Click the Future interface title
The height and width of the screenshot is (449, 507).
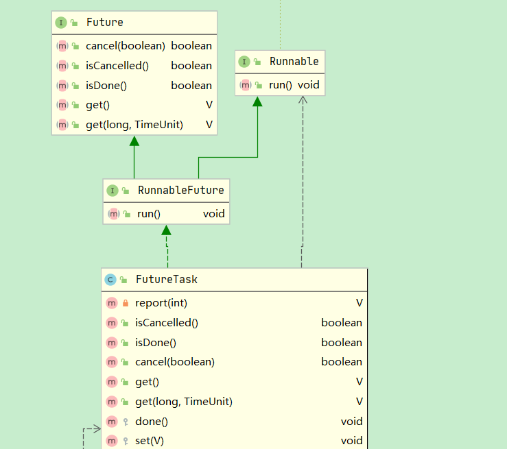(x=104, y=23)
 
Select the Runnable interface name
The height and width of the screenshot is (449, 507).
(x=294, y=62)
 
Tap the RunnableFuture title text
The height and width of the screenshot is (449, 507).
(x=180, y=190)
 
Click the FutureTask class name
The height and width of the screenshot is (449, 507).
(x=166, y=279)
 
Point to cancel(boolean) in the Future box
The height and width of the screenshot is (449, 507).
(x=126, y=46)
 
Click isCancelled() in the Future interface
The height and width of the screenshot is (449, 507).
(x=117, y=66)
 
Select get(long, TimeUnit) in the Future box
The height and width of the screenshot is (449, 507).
(x=134, y=125)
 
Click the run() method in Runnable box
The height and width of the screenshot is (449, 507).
(x=281, y=85)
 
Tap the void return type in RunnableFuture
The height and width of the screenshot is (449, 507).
(x=213, y=214)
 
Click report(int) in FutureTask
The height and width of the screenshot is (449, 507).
(x=161, y=303)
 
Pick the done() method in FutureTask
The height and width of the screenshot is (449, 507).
(x=152, y=422)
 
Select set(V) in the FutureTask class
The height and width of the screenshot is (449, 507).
(x=150, y=441)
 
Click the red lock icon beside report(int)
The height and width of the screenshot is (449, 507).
(x=126, y=303)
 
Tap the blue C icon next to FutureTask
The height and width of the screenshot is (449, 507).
(x=110, y=279)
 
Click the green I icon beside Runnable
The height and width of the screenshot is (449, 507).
(x=244, y=62)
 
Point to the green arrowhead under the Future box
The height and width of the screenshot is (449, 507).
(x=134, y=141)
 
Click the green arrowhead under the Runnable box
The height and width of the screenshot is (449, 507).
(x=257, y=101)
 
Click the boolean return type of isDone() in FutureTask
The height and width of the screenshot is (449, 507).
(x=341, y=343)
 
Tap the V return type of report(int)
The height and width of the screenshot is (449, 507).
(x=359, y=303)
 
